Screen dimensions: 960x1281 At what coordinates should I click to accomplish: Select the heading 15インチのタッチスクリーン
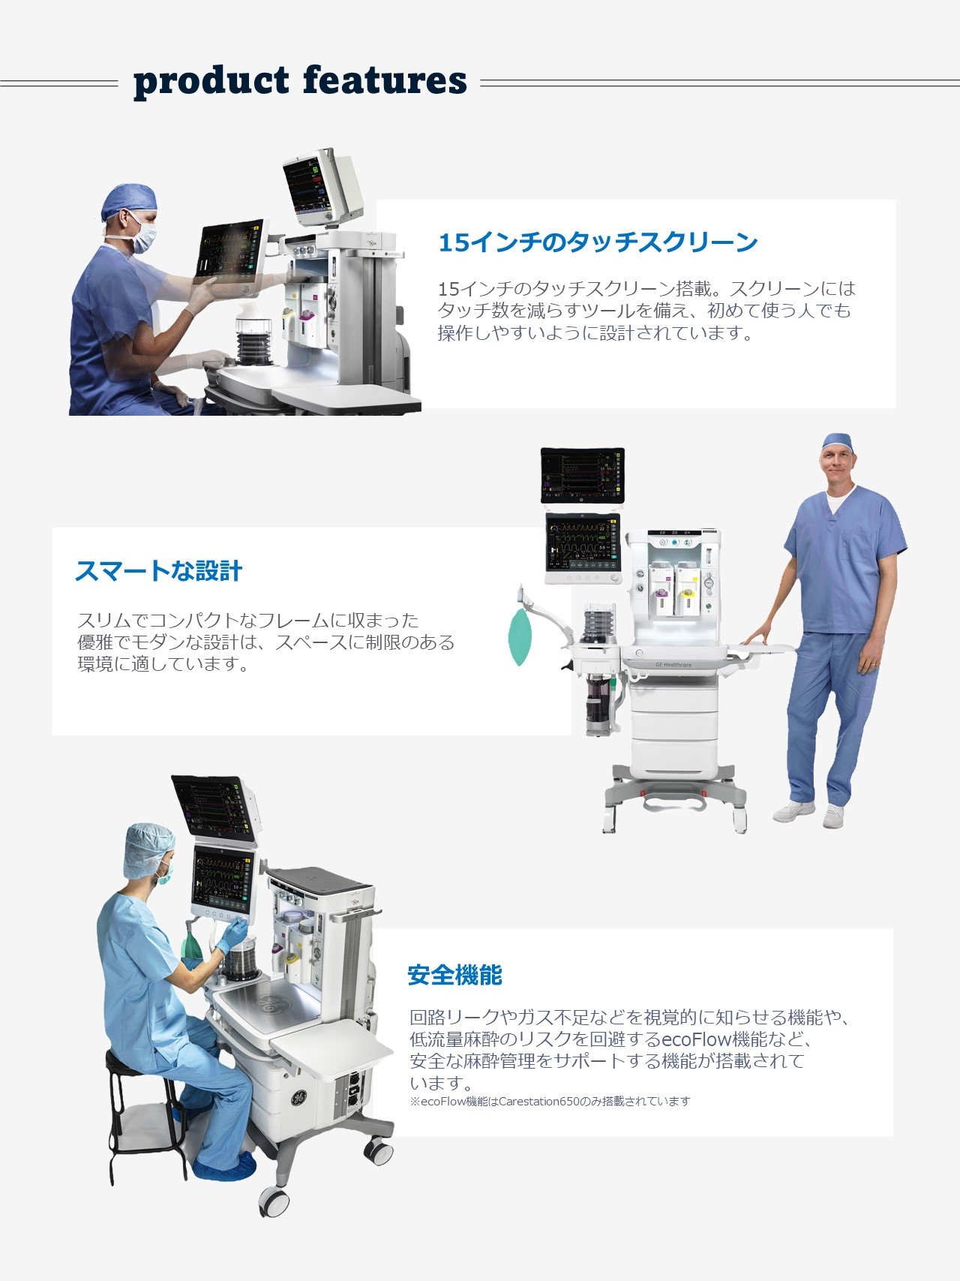tap(598, 242)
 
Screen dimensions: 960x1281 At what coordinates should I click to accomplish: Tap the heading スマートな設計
tap(158, 571)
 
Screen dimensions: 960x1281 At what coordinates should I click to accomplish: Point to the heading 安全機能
tap(454, 976)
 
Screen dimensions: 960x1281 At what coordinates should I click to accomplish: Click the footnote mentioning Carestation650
tap(550, 1102)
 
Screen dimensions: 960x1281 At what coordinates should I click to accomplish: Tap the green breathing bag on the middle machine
tap(520, 637)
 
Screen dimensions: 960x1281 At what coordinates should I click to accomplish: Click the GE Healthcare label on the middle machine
tap(673, 665)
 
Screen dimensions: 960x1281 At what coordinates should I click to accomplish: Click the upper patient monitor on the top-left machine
tap(322, 186)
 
